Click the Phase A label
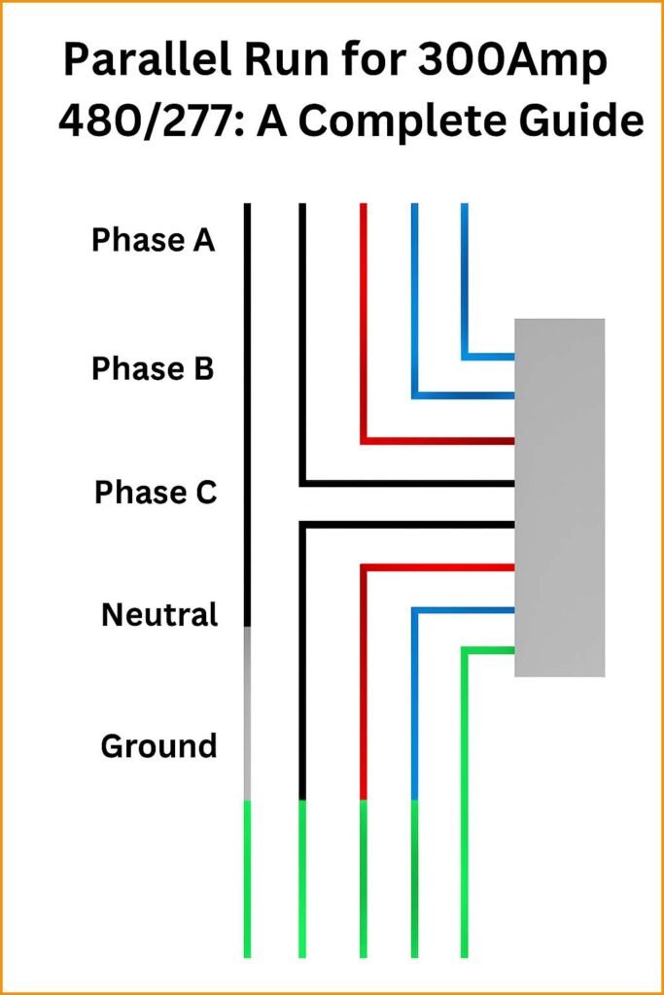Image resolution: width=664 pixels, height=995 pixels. click(x=153, y=240)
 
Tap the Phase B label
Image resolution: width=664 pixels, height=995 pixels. click(x=153, y=369)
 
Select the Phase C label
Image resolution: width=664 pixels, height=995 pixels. click(x=156, y=493)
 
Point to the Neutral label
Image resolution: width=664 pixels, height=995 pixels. click(x=159, y=615)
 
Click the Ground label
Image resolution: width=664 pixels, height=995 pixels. click(x=158, y=746)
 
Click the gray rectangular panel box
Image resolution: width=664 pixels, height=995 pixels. click(x=559, y=497)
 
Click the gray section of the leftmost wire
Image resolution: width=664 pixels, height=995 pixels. click(x=247, y=714)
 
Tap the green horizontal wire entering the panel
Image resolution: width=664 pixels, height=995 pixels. click(x=489, y=649)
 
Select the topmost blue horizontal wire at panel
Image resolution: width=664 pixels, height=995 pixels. click(x=489, y=357)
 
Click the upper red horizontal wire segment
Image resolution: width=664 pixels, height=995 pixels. click(x=437, y=441)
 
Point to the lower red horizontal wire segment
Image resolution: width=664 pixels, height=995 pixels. click(x=437, y=566)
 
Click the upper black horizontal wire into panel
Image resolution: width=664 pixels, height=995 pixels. click(x=408, y=483)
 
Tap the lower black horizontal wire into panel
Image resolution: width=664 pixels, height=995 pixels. click(x=408, y=525)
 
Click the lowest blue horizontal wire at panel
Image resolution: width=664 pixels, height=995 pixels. click(x=463, y=610)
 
